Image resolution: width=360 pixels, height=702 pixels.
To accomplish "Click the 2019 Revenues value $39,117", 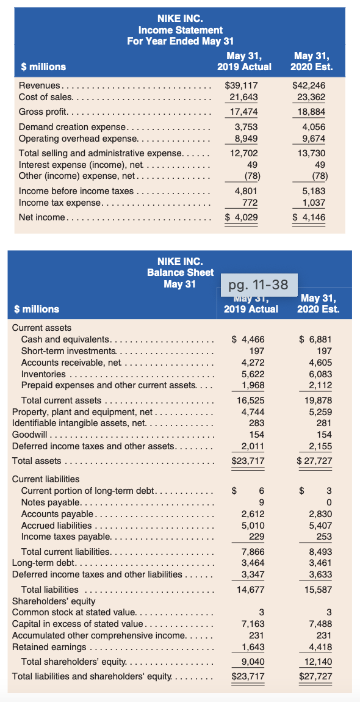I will click(x=242, y=86).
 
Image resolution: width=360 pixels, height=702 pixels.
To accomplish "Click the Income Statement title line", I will click(x=180, y=29).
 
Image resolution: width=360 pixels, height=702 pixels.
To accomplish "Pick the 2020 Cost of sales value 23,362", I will click(x=311, y=97).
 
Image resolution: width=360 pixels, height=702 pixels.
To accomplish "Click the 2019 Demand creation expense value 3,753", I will click(x=246, y=127).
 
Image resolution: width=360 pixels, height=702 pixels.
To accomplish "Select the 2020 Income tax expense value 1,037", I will click(x=314, y=202).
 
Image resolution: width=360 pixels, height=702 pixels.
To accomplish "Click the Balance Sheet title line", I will click(x=180, y=272).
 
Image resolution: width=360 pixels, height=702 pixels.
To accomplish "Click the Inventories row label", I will click(x=43, y=374).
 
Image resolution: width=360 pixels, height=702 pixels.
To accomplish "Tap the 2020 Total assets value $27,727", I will click(x=314, y=461).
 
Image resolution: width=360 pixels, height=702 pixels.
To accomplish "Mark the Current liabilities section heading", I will click(x=46, y=479).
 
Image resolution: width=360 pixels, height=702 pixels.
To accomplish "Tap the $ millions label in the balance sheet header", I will click(x=36, y=309).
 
